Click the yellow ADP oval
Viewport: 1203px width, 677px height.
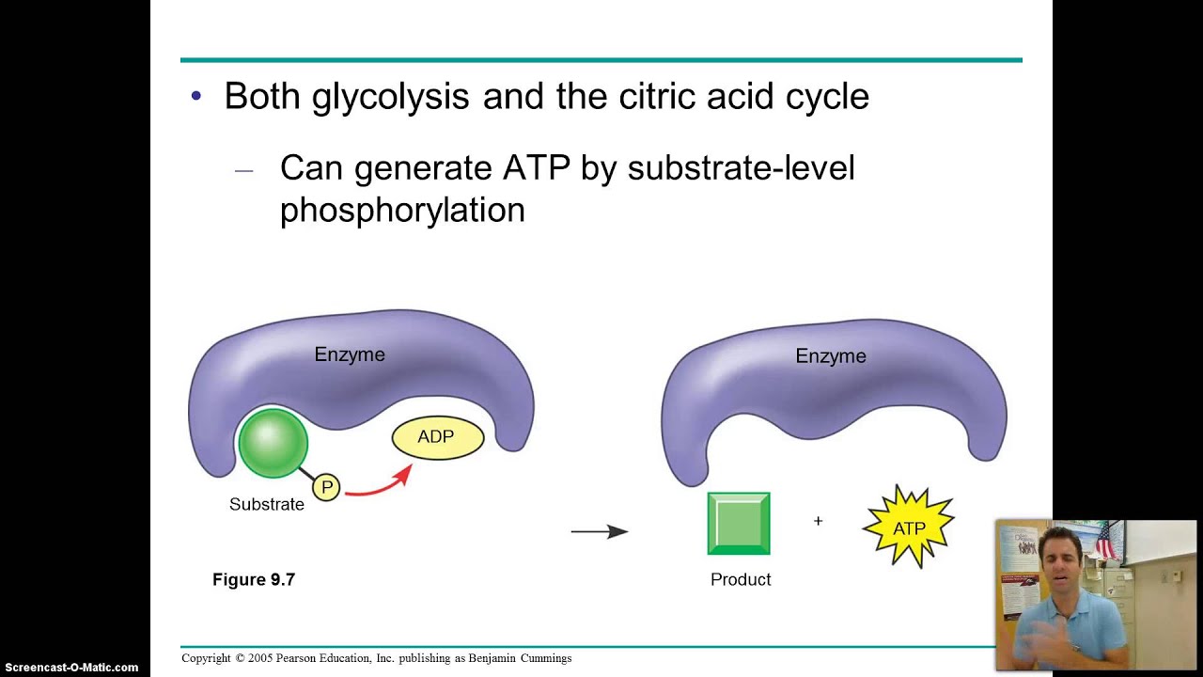point(437,437)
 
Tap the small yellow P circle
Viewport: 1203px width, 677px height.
point(326,487)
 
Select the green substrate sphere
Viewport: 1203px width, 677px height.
point(273,442)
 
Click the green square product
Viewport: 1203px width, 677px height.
point(739,524)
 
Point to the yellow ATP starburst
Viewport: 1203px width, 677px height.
point(909,527)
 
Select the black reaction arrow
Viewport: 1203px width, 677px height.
point(600,532)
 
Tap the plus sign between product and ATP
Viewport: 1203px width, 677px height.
point(818,521)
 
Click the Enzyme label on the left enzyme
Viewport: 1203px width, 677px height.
point(350,354)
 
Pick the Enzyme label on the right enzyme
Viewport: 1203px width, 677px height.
point(831,356)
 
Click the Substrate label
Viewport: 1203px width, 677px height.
point(267,505)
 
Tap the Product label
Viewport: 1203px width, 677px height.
point(741,580)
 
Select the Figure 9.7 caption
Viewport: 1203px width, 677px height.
point(254,580)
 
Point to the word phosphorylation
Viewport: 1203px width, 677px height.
point(402,210)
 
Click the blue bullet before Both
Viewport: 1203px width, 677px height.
point(196,96)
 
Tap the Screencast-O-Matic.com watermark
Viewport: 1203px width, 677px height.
point(71,668)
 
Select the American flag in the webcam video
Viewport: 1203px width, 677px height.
point(1105,542)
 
